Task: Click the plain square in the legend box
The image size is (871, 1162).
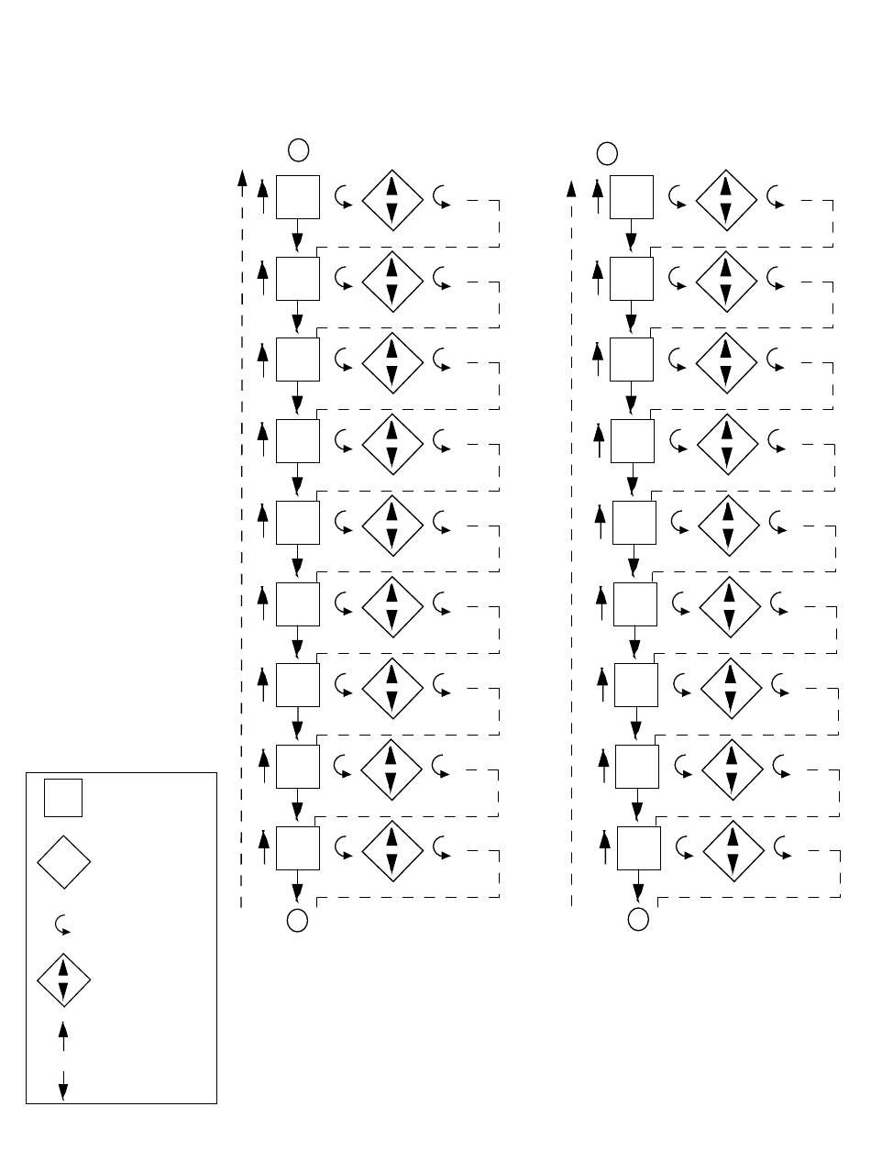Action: click(x=63, y=797)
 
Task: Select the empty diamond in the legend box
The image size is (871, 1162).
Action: click(x=63, y=862)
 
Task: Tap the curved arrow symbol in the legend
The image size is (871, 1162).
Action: click(x=63, y=924)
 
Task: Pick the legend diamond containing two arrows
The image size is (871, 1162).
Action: click(x=63, y=979)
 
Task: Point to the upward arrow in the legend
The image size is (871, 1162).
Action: click(x=63, y=1037)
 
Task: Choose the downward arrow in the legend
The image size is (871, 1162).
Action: click(x=63, y=1085)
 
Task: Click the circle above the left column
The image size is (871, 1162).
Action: click(x=298, y=149)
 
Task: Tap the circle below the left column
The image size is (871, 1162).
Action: click(x=297, y=920)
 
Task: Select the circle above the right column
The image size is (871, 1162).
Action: click(x=607, y=152)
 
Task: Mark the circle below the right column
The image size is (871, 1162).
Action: click(x=639, y=919)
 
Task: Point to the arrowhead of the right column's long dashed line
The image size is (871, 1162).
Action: click(x=571, y=189)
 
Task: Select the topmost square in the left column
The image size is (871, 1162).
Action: click(x=298, y=197)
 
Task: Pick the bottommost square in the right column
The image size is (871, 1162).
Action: click(x=639, y=847)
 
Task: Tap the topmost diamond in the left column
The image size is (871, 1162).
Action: click(x=392, y=200)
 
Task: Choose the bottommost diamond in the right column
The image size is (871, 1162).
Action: click(x=733, y=850)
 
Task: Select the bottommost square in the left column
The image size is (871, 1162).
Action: click(x=298, y=847)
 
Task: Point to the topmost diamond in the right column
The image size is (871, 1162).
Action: click(x=726, y=200)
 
